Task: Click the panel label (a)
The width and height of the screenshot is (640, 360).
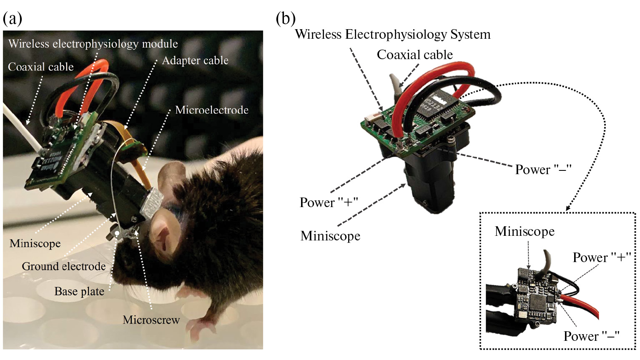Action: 12,19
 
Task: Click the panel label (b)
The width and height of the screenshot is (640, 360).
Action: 286,19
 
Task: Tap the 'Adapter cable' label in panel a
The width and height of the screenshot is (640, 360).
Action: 195,61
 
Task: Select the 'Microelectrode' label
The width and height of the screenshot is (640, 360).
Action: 212,110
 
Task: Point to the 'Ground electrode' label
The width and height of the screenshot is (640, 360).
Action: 64,267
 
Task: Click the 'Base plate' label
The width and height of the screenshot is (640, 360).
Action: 79,292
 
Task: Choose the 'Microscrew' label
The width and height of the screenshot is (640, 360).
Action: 151,320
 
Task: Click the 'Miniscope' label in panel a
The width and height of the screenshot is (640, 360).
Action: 35,243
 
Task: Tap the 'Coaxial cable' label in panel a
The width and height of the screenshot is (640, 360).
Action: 41,67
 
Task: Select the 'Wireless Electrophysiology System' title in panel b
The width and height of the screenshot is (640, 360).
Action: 392,35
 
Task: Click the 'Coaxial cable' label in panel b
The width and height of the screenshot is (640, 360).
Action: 415,55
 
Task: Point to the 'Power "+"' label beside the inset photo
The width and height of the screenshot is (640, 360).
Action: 602,257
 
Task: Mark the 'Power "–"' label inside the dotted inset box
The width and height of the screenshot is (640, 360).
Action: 591,336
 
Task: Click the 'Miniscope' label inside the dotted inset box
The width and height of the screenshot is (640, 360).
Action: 525,231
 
